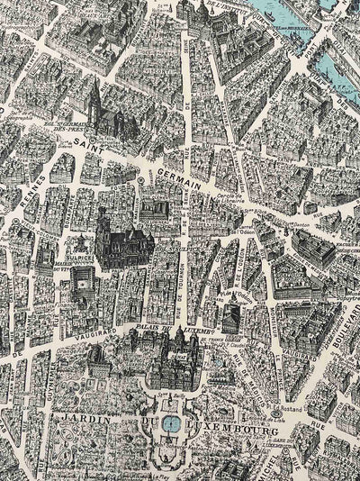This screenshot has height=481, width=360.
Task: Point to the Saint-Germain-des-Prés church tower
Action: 94,99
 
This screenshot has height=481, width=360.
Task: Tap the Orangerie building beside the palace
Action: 99,359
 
